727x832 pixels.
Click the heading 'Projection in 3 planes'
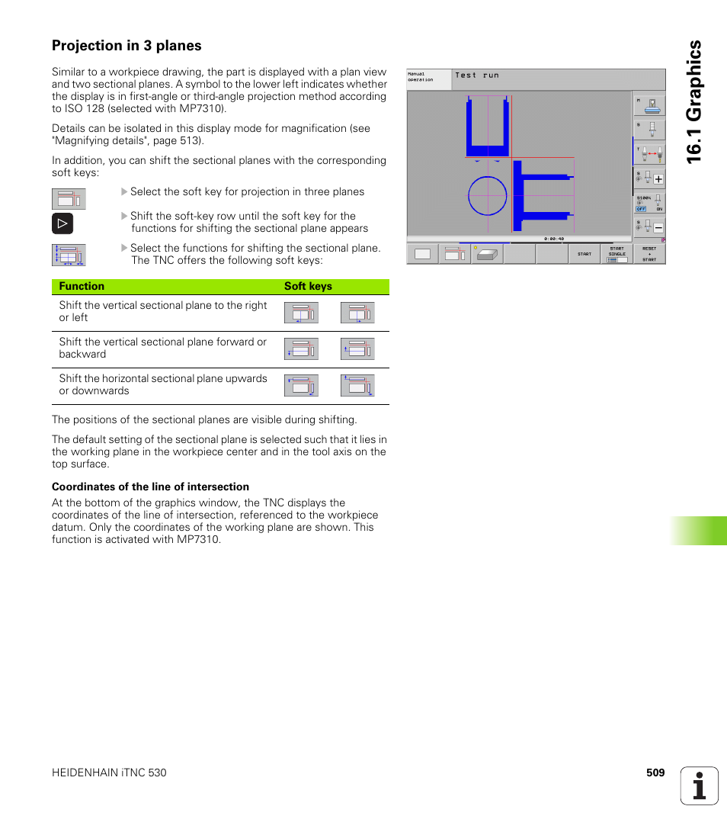[x=127, y=46]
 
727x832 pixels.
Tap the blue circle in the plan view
[x=488, y=196]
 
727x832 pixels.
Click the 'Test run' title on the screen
[x=477, y=75]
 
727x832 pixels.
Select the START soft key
[x=584, y=254]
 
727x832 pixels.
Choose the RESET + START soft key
[x=649, y=254]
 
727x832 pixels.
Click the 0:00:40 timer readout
[x=554, y=239]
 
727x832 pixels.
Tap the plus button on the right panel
[x=658, y=180]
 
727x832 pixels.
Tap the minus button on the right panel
[x=658, y=228]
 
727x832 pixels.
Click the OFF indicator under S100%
[x=641, y=209]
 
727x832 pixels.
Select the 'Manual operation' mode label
[x=421, y=78]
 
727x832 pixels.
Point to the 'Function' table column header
[x=82, y=287]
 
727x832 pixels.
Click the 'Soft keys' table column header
[x=308, y=287]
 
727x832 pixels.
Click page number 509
[x=655, y=773]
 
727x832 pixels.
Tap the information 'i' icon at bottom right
[x=700, y=785]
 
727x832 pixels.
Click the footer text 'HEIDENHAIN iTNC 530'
[x=109, y=773]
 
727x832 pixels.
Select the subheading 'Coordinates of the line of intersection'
[x=150, y=487]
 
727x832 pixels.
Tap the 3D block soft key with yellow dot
[x=487, y=255]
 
